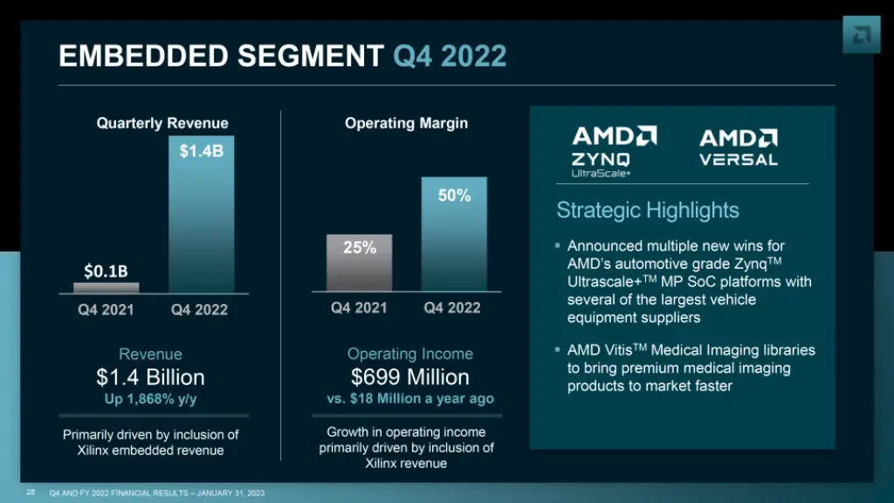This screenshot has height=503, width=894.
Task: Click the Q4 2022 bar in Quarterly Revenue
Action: click(202, 227)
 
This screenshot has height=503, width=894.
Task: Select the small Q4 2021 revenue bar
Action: click(106, 287)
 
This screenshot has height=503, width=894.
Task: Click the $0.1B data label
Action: click(106, 270)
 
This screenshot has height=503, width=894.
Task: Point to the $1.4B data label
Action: click(202, 151)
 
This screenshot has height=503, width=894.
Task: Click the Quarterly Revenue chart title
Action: click(162, 123)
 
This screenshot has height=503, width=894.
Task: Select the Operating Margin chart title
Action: click(406, 123)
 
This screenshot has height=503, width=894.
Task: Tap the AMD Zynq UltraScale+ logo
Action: click(615, 150)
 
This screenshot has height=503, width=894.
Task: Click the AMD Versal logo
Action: click(739, 147)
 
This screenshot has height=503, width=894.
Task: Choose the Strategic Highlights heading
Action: click(648, 210)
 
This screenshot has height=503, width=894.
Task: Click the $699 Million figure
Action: click(409, 377)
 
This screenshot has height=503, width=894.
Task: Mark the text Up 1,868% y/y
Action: click(150, 399)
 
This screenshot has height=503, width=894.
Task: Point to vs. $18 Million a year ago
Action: click(409, 399)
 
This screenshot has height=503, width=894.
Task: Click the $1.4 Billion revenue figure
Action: click(150, 377)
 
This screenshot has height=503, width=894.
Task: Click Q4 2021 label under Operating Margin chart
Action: click(359, 308)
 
